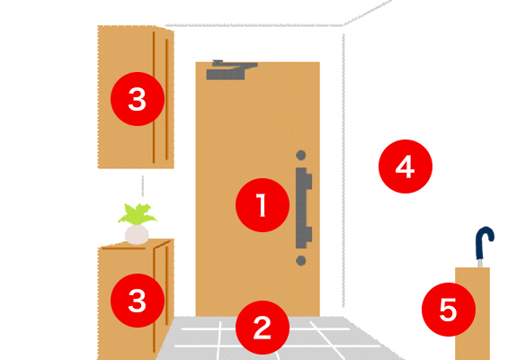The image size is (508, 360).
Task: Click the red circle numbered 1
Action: tap(263, 205)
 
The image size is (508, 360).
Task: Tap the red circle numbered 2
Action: tap(263, 328)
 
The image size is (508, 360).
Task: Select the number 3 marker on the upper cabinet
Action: tap(138, 99)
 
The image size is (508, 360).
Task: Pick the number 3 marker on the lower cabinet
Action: tap(138, 301)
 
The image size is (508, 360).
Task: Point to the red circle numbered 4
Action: tap(406, 166)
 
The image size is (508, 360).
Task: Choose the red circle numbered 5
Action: tap(449, 310)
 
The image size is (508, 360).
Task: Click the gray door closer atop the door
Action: tap(232, 70)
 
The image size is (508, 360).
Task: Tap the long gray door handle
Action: tap(303, 208)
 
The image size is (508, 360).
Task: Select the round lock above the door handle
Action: tap(301, 156)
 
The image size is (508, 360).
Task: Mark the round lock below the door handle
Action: tap(301, 261)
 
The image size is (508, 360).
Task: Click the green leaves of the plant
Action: tap(138, 214)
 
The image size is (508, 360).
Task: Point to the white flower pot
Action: tap(137, 235)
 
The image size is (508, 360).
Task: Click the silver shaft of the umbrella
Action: tap(480, 263)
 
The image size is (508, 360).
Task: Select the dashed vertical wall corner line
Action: tap(343, 170)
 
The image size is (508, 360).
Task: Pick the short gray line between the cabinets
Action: tap(143, 185)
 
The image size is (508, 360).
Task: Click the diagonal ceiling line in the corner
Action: tap(368, 13)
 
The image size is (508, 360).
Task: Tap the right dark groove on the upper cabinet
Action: tap(167, 99)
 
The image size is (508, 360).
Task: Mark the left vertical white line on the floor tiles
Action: tap(220, 340)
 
